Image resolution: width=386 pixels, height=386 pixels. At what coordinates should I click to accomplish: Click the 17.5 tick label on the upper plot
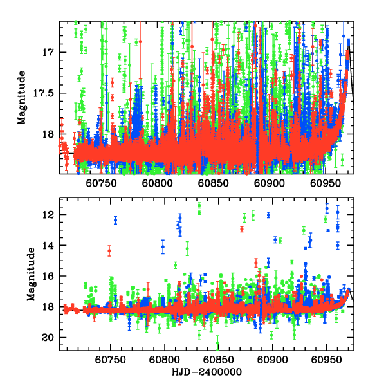point(47,93)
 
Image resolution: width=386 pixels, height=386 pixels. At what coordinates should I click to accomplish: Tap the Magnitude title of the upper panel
point(23,96)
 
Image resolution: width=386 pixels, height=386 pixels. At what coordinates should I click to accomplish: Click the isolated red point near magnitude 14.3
point(109,250)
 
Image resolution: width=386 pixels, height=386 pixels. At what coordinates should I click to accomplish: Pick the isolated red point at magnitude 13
point(242,229)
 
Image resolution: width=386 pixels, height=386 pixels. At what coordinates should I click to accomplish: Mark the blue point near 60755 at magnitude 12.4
point(116,220)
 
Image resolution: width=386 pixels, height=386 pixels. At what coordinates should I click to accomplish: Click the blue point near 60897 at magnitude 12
point(268,215)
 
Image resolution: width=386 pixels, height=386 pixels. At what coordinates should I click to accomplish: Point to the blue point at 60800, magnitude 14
point(163,247)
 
